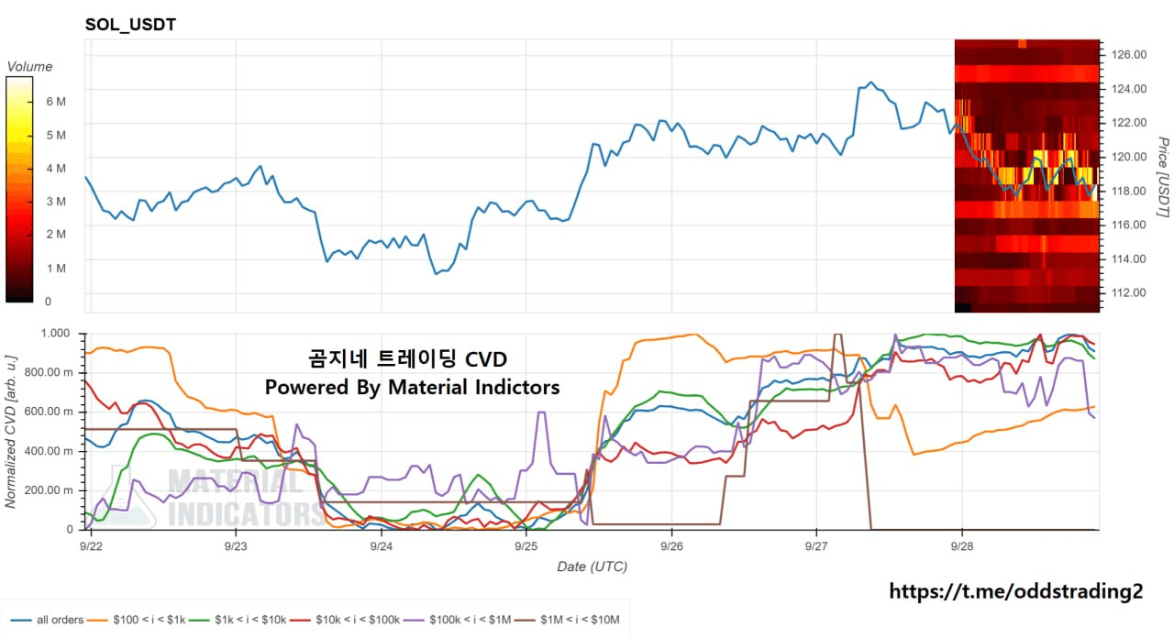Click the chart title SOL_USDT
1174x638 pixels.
point(130,24)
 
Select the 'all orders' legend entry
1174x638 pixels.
point(47,620)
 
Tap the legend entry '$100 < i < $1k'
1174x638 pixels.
point(137,620)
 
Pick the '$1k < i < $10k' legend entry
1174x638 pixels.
point(238,620)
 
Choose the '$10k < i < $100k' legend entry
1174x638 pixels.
point(345,620)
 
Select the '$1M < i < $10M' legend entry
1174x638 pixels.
point(567,620)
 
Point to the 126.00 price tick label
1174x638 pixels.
point(1129,54)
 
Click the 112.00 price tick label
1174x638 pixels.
point(1129,292)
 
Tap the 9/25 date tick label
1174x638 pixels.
point(526,546)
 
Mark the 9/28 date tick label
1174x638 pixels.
point(962,546)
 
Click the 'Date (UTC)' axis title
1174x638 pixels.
point(593,566)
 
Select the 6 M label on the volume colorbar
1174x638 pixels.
point(56,102)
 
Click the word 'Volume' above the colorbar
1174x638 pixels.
point(30,67)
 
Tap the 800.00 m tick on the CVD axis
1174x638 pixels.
point(50,372)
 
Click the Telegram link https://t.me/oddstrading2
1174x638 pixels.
point(1015,591)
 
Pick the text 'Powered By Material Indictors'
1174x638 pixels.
point(412,387)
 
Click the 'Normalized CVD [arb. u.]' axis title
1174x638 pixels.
point(10,432)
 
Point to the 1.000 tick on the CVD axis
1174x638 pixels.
point(56,333)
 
